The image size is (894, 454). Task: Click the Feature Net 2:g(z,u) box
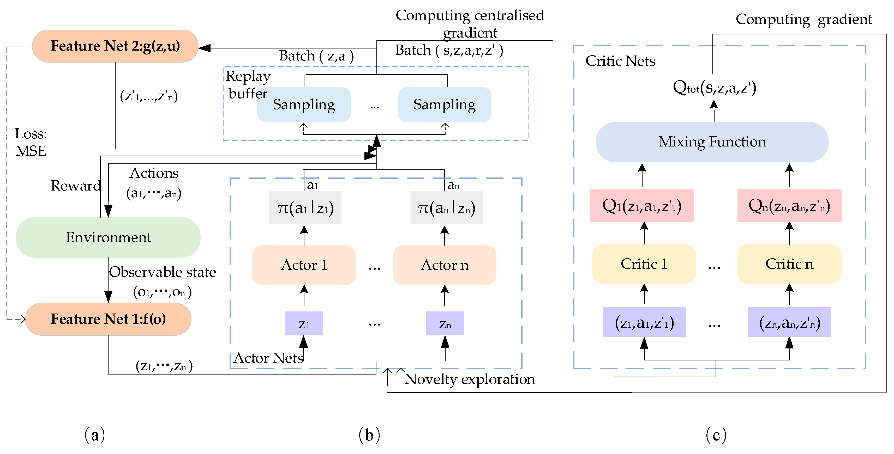pos(115,46)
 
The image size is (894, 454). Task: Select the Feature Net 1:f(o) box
pos(108,319)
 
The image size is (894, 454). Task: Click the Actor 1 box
pos(304,265)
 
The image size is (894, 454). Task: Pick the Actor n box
pos(445,265)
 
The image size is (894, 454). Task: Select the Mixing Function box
pos(712,142)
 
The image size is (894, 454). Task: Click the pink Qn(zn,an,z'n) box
pos(789,206)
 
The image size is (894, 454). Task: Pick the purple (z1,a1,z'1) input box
pos(644,322)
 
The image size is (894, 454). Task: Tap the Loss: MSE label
pos(31,143)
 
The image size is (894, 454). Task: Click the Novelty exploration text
pos(470,379)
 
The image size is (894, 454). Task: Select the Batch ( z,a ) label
pos(316,56)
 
